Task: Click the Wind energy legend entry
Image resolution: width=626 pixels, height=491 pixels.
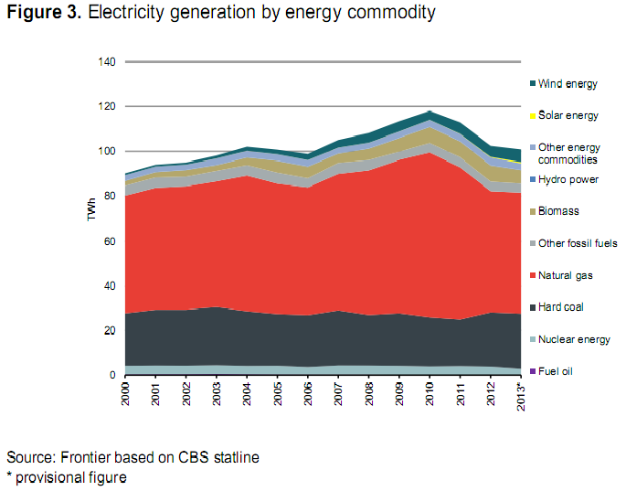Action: (568, 84)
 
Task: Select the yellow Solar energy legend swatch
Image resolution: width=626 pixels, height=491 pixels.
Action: (532, 116)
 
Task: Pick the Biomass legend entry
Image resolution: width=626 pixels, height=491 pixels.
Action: (559, 211)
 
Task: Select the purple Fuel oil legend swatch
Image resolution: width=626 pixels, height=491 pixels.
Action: (532, 371)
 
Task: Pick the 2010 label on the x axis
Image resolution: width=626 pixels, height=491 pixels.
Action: (428, 394)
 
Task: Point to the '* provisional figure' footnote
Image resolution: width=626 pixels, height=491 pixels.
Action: (65, 476)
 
